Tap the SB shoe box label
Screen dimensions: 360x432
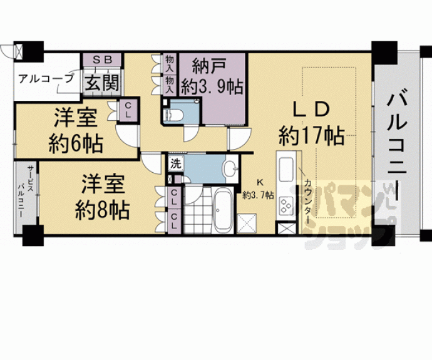(x=102, y=60)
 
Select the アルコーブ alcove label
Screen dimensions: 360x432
(x=46, y=79)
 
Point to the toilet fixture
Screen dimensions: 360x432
(x=173, y=115)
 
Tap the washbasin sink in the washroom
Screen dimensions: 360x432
(x=229, y=168)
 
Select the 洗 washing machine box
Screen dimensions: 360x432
(x=175, y=165)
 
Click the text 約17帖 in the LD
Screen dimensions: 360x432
(x=311, y=135)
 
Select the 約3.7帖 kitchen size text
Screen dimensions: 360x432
(x=259, y=195)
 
